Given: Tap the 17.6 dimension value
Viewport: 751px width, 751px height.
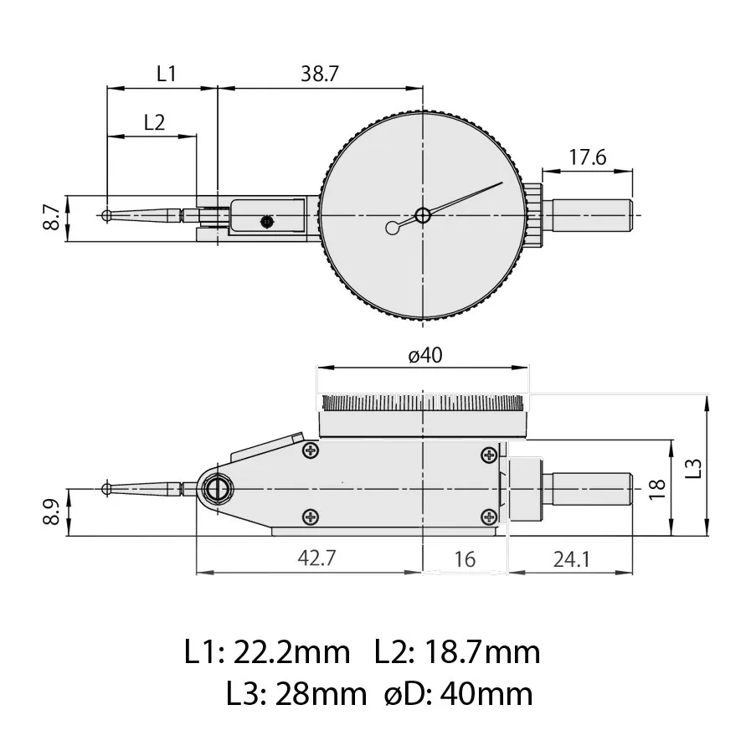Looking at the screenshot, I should pos(587,157).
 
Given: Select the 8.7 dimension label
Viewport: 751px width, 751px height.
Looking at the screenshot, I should pos(52,217).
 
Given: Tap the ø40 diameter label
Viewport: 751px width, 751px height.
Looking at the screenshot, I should pos(424,355).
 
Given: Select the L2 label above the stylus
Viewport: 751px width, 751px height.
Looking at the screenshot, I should pos(153,122).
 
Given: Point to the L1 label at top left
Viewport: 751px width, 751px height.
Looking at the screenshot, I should pos(167,74).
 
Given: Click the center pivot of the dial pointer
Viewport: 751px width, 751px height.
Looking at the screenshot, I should pos(423,215).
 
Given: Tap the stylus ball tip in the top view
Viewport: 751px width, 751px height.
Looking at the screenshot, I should pos(107,215).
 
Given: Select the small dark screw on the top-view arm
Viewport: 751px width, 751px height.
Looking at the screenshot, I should pos(267,222).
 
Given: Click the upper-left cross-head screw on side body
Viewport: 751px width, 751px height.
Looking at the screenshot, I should pos(311,452).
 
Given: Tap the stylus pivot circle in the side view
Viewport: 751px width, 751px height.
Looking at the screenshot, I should pos(220,487).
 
